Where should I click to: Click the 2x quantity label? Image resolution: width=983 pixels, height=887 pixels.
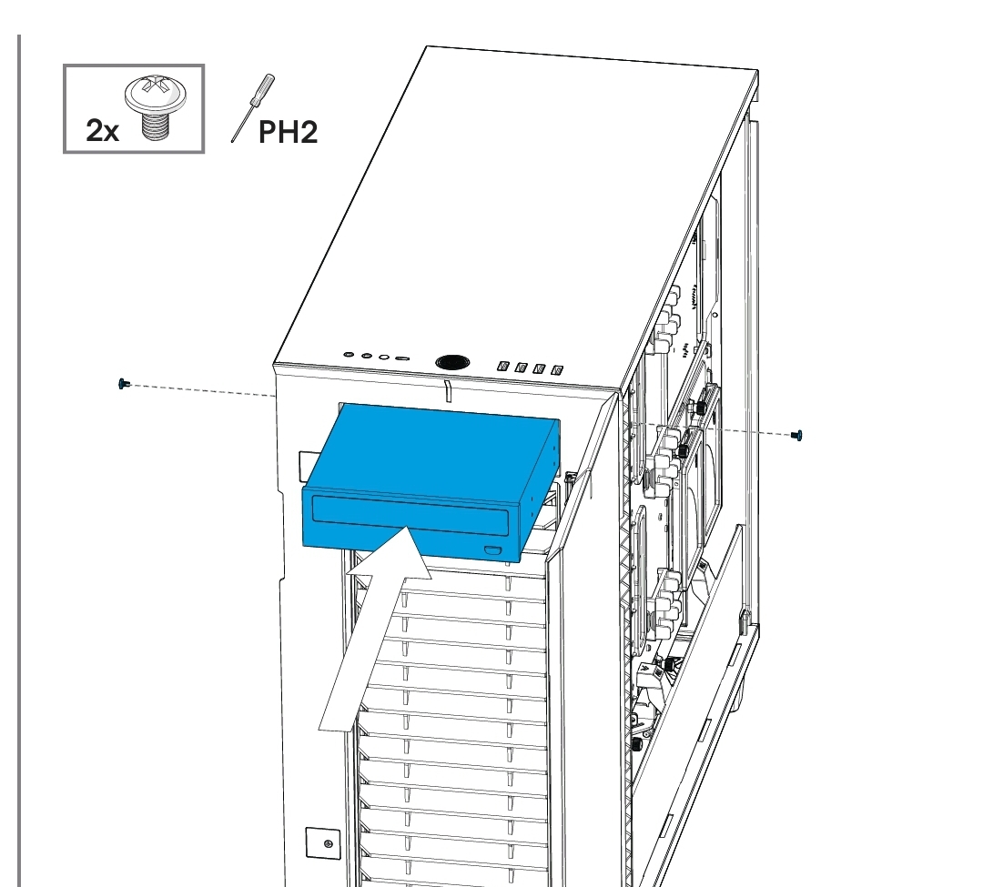pyautogui.click(x=102, y=131)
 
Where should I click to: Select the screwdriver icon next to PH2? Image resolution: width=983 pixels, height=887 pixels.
pyautogui.click(x=253, y=107)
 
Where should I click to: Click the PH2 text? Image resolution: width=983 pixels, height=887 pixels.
pyautogui.click(x=288, y=132)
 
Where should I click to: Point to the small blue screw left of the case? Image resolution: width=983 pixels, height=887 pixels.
pyautogui.click(x=122, y=383)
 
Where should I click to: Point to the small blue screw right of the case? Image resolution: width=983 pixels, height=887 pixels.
pyautogui.click(x=797, y=435)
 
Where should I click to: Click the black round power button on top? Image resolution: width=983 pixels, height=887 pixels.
pyautogui.click(x=451, y=362)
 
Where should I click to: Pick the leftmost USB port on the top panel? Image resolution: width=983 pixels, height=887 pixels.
pyautogui.click(x=502, y=365)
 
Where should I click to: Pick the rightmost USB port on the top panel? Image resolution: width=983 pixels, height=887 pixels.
pyautogui.click(x=557, y=369)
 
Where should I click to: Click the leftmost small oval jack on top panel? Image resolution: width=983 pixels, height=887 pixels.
pyautogui.click(x=350, y=355)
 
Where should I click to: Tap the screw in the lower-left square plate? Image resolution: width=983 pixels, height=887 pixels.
pyautogui.click(x=328, y=843)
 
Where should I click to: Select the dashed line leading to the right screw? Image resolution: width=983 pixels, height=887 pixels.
pyautogui.click(x=714, y=429)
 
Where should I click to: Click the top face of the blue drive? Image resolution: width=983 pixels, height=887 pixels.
pyautogui.click(x=432, y=449)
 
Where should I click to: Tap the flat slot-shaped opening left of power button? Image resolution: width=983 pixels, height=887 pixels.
pyautogui.click(x=402, y=359)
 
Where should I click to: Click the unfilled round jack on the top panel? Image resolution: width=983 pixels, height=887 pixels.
pyautogui.click(x=384, y=358)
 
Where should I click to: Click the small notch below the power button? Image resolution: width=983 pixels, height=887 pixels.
pyautogui.click(x=447, y=391)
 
